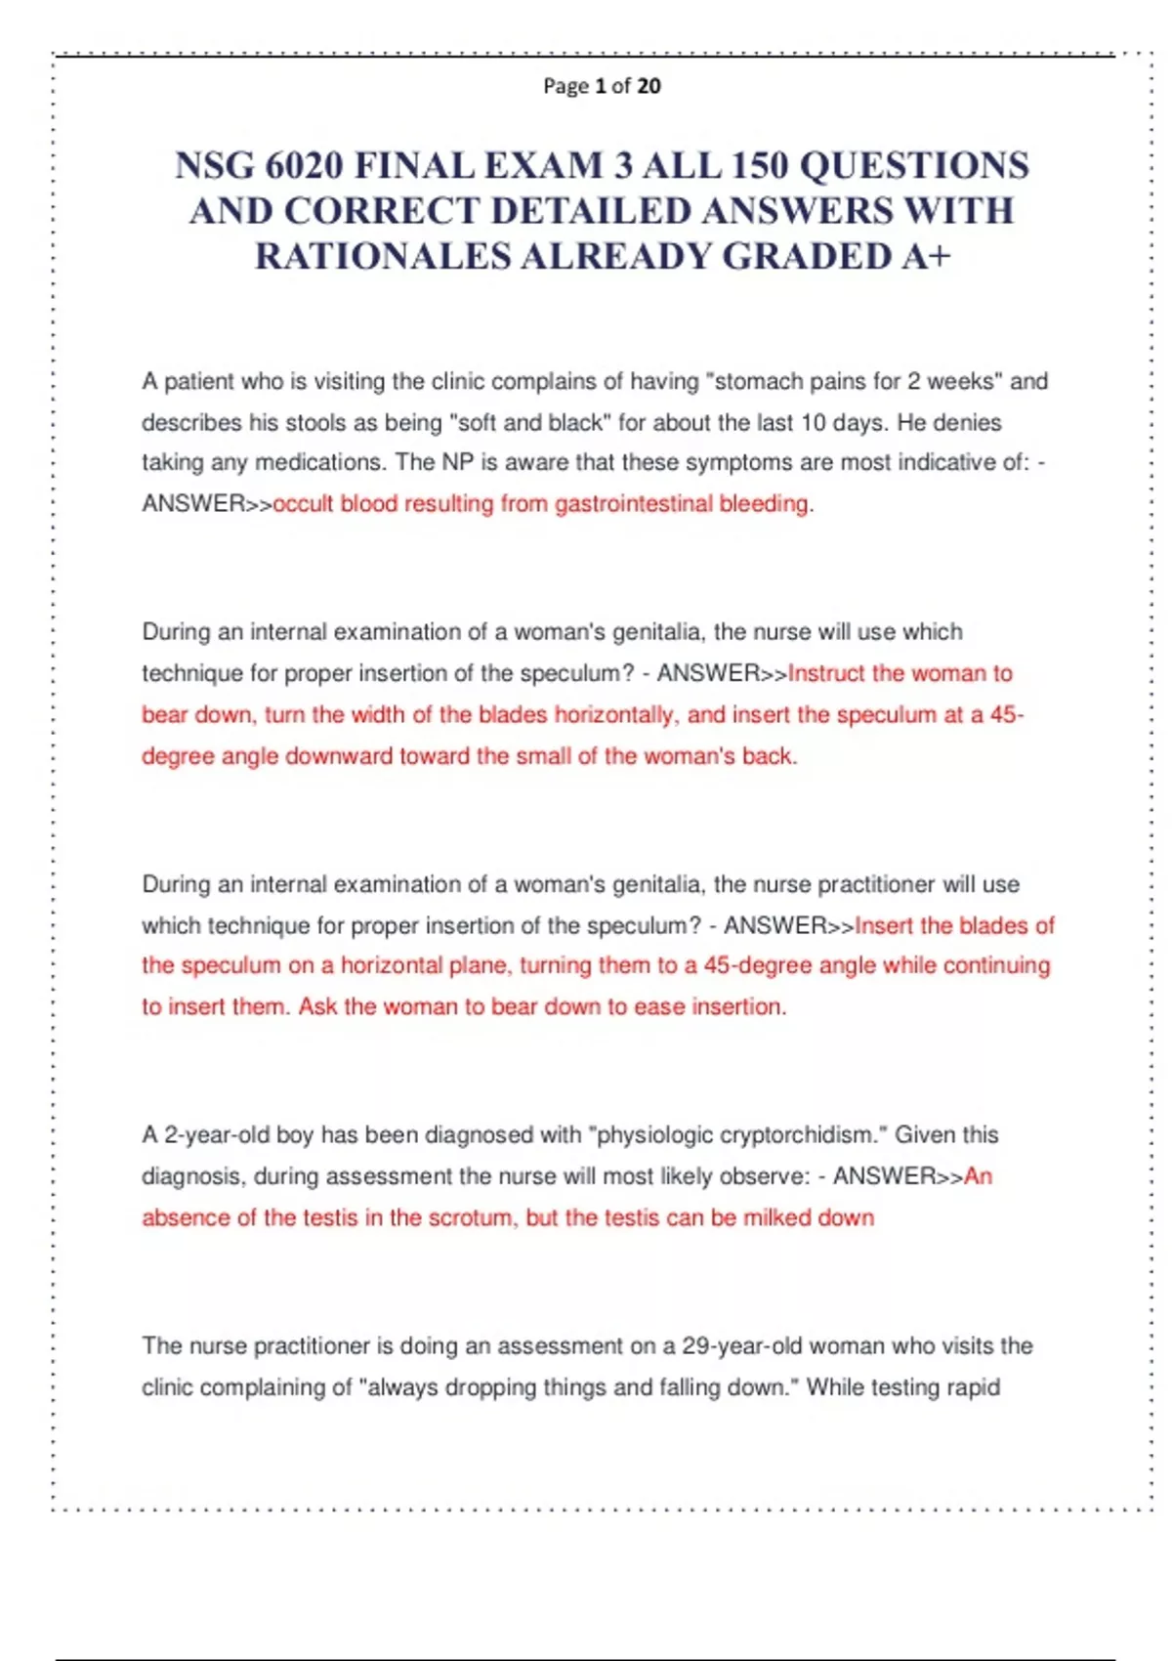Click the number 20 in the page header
coord(649,86)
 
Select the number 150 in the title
coord(760,165)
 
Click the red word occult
coord(304,504)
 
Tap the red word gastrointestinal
coord(635,504)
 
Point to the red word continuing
coord(996,966)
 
